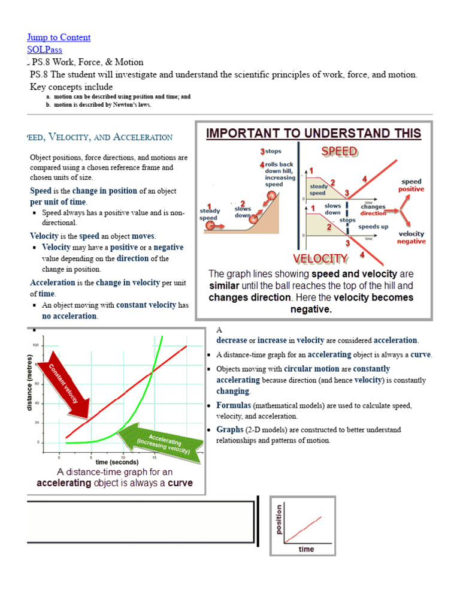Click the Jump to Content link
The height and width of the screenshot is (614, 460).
[x=59, y=37]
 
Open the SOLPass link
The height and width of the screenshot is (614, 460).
[x=44, y=50]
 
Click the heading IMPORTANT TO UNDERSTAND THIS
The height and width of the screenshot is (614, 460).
[x=313, y=133]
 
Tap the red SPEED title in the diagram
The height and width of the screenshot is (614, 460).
[x=339, y=151]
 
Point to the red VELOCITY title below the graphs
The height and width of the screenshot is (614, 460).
[x=320, y=258]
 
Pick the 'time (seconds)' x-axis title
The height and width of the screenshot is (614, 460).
[x=116, y=462]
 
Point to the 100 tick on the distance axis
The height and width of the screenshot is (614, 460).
[x=36, y=345]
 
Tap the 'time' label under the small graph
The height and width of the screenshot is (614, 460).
[x=306, y=549]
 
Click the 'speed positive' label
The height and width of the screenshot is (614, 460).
[x=411, y=185]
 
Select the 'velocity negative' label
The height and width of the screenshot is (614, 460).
[x=411, y=237]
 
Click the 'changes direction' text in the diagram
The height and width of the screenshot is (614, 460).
[x=373, y=210]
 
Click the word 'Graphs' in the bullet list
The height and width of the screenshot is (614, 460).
[x=230, y=430]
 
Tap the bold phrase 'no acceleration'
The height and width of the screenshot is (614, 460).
[x=69, y=316]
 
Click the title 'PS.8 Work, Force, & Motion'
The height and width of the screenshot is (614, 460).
[x=87, y=62]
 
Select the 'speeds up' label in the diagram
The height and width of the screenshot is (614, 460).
[x=373, y=227]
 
